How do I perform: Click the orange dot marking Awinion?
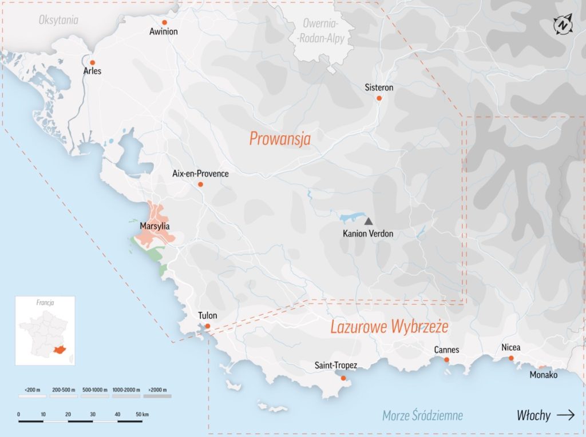pos(165,22)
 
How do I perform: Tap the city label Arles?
pos(92,71)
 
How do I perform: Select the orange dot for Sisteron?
pos(379,98)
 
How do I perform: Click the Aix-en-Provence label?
pos(200,174)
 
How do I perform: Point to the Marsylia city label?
pos(155,226)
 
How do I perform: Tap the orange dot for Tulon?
pos(208,326)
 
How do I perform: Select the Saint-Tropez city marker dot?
pos(343,378)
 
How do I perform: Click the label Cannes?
pos(446,350)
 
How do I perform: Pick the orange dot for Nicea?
pos(511,358)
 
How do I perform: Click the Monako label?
pos(543,375)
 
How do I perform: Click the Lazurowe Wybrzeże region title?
pos(389,327)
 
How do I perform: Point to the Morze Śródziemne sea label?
pos(422,415)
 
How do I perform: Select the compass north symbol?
pos(563,25)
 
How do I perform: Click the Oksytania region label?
pos(58,21)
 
